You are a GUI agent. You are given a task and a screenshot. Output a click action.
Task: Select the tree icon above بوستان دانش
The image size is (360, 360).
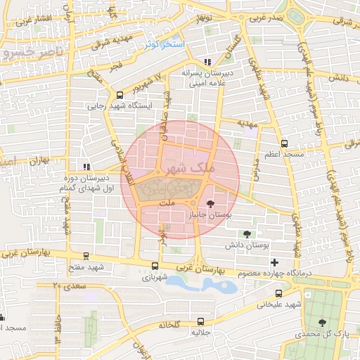pyautogui.click(x=247, y=234)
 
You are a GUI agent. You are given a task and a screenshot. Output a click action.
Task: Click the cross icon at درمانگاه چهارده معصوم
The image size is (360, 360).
pyautogui.click(x=274, y=263)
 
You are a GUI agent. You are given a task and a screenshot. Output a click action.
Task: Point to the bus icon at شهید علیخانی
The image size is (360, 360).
pyautogui.click(x=279, y=294)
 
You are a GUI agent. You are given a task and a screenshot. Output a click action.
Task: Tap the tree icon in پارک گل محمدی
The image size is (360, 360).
pyautogui.click(x=322, y=322)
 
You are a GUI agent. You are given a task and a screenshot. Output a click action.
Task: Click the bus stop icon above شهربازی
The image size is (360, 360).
pyautogui.click(x=155, y=266)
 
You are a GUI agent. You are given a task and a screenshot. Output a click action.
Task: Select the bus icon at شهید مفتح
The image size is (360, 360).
pyautogui.click(x=86, y=257)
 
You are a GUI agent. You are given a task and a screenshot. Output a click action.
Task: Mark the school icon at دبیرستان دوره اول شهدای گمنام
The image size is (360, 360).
pyautogui.click(x=86, y=167)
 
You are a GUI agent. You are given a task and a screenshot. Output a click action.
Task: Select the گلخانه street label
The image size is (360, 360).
pyautogui.click(x=170, y=325)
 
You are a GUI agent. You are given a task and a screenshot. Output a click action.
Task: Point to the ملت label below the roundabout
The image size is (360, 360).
pyautogui.click(x=167, y=203)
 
